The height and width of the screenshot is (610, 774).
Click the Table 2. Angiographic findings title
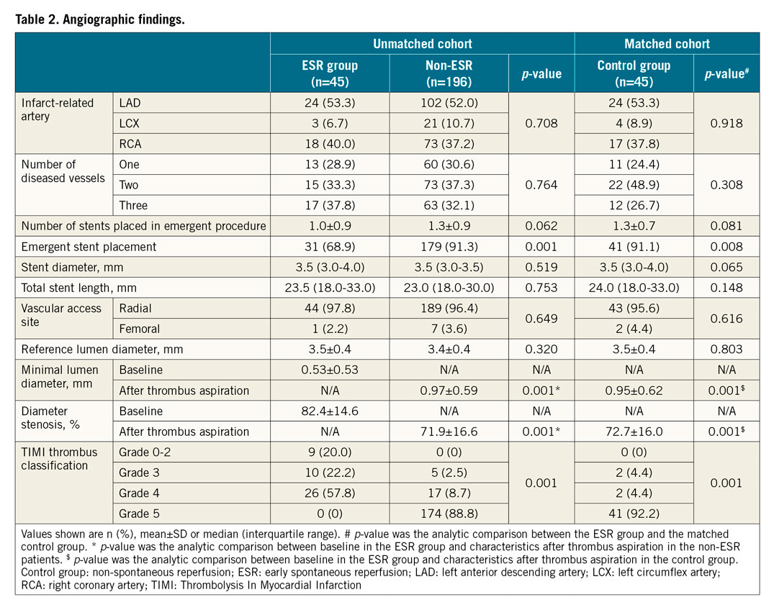[100, 19]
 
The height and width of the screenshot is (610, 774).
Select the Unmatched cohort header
[422, 44]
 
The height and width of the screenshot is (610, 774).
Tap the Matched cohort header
[667, 44]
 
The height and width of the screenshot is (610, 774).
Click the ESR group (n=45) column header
[329, 73]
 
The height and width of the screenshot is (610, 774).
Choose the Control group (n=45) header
[634, 73]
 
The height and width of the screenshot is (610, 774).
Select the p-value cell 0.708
[541, 124]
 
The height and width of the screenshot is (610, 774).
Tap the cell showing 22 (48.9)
[634, 185]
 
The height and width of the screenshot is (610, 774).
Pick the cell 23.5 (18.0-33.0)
[329, 288]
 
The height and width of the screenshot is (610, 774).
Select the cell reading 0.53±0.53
[329, 370]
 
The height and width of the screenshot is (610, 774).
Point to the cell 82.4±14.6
[329, 411]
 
